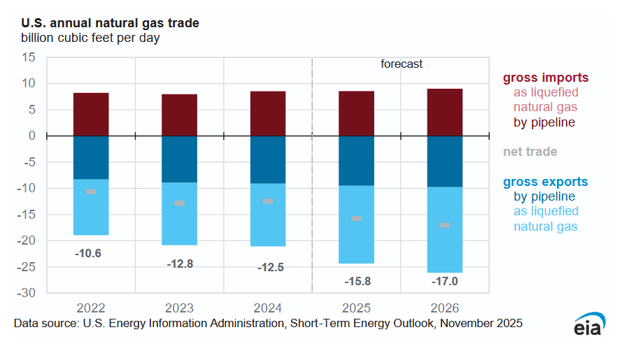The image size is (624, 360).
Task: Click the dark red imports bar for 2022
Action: tap(91, 114)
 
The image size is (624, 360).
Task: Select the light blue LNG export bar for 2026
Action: tap(445, 229)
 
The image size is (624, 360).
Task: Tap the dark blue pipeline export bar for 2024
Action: tap(268, 159)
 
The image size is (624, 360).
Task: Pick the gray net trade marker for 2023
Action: tap(180, 203)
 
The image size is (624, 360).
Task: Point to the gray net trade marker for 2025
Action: tap(356, 219)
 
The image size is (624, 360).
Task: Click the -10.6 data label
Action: tap(88, 253)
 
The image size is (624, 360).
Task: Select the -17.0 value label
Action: tap(445, 282)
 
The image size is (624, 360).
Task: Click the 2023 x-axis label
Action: tap(180, 308)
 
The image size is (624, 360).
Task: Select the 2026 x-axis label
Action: tap(445, 308)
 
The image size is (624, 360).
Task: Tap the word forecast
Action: tap(402, 64)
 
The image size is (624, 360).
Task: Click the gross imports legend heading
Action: tap(546, 78)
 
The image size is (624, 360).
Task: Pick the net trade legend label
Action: tap(530, 151)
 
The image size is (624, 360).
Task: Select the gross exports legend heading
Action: tap(546, 182)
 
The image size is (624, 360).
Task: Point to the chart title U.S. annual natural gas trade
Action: tap(110, 23)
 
